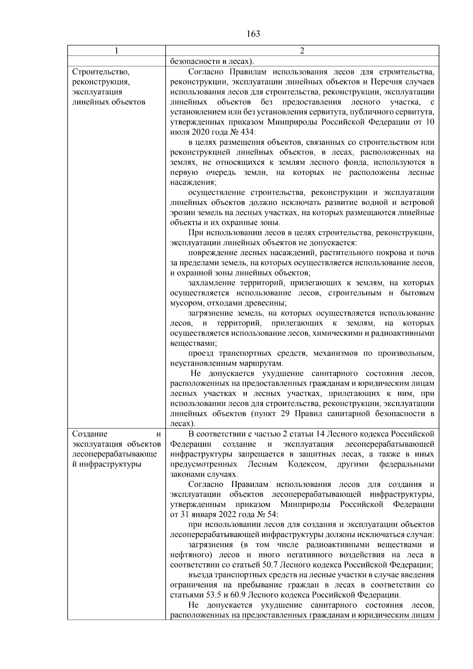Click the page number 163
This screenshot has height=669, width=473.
click(253, 34)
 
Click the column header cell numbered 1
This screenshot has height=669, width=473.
click(116, 51)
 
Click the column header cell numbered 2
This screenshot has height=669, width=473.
click(302, 51)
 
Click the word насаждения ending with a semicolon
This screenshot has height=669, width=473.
click(193, 183)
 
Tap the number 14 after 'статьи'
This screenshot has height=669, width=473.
click(320, 434)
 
